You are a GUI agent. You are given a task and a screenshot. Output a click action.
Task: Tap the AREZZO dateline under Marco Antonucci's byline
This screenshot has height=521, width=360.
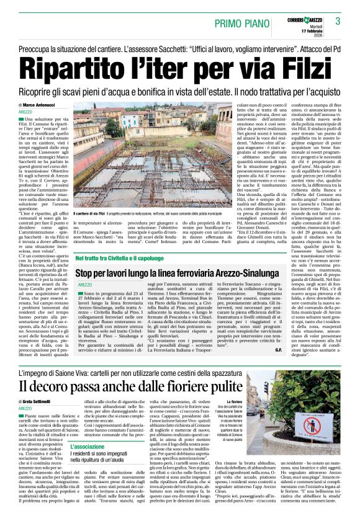pyautogui.click(x=27, y=112)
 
